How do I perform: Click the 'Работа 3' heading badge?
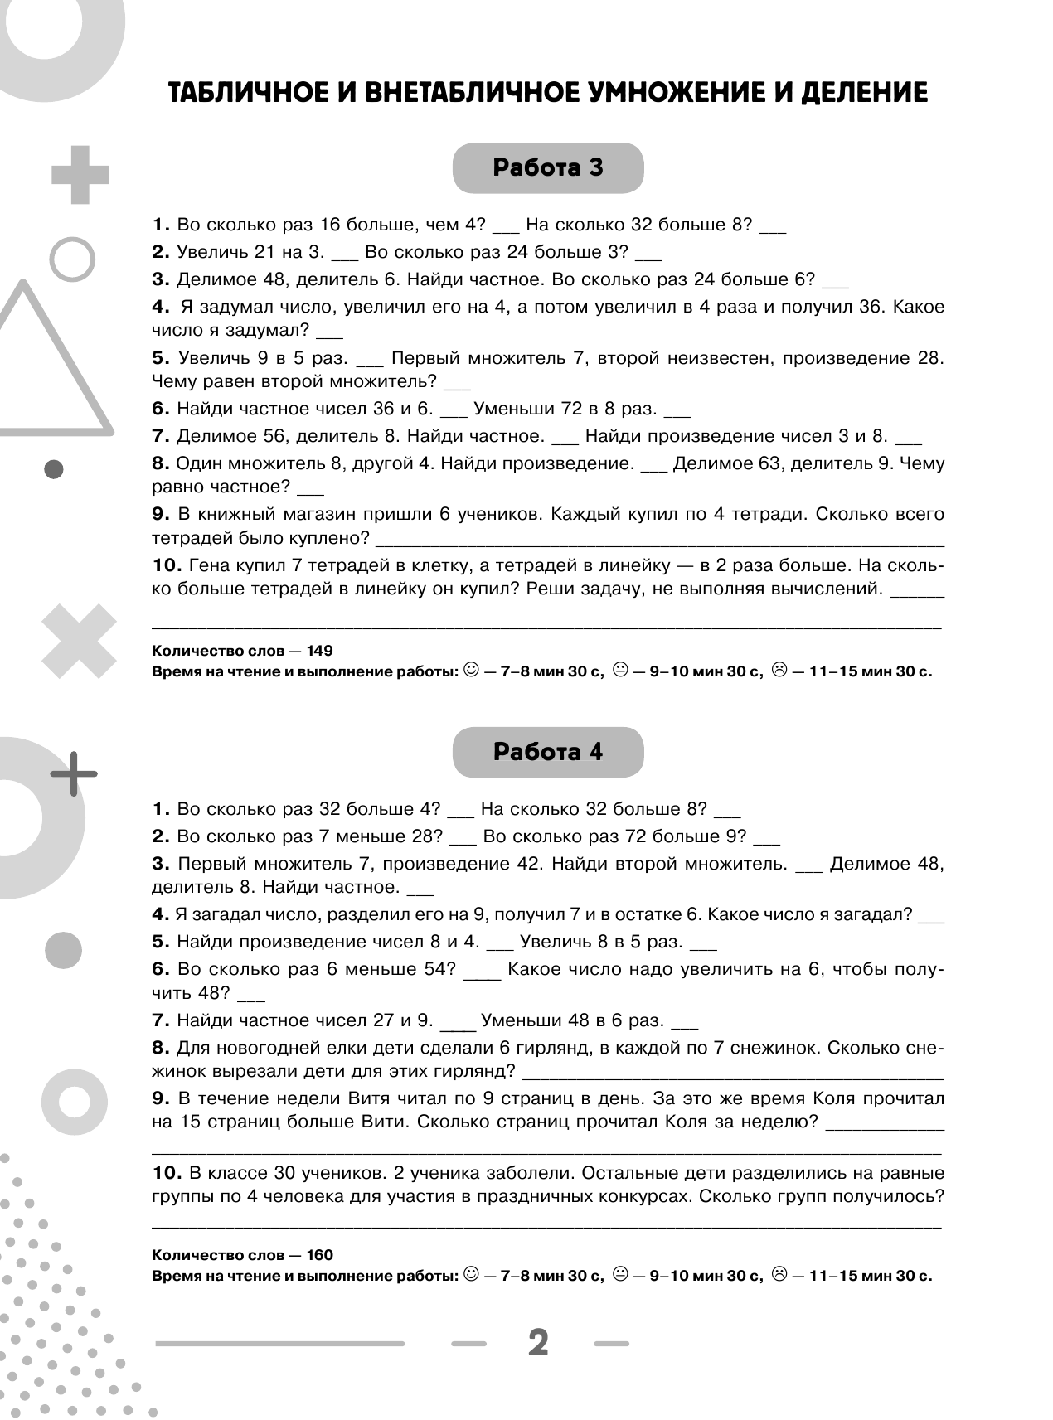[547, 168]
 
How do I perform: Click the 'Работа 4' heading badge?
[547, 752]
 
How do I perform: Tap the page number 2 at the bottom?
[538, 1343]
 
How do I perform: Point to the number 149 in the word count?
[319, 651]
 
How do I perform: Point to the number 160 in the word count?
[319, 1255]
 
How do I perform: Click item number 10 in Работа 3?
[167, 565]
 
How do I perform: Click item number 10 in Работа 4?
[167, 1173]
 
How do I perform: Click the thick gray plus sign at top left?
[80, 175]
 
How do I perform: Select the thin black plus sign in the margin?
[74, 773]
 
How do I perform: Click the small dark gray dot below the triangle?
[54, 469]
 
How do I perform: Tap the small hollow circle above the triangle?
[73, 259]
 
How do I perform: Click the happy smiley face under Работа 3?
[470, 669]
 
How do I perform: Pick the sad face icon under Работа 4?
[779, 1273]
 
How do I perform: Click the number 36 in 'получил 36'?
[868, 307]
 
